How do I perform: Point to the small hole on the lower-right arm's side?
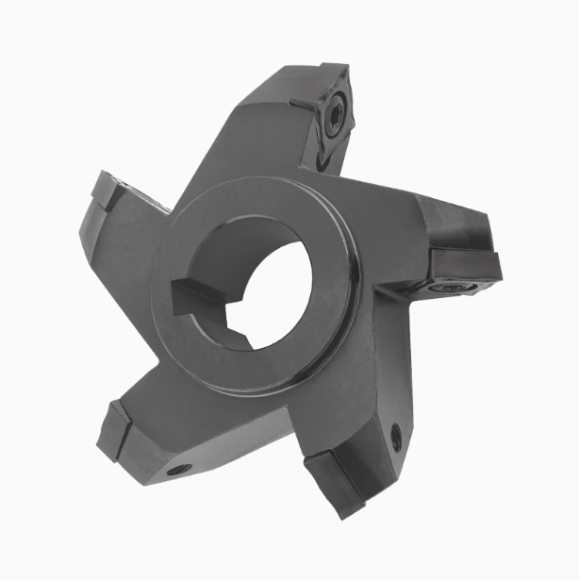click(396, 435)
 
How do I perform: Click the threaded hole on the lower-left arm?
click(175, 469)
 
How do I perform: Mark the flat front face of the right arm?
click(387, 236)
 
